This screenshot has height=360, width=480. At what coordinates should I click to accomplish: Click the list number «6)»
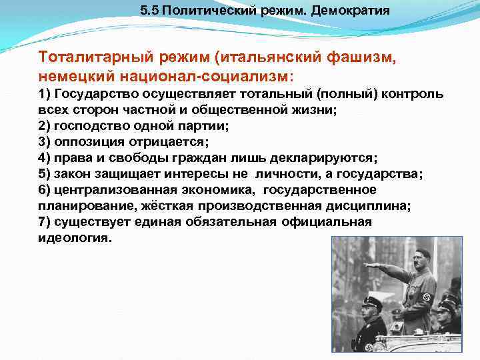pyautogui.click(x=45, y=191)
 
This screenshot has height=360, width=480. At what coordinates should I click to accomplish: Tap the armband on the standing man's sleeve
pyautogui.click(x=427, y=298)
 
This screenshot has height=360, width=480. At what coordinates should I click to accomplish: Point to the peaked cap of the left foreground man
pyautogui.click(x=371, y=303)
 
